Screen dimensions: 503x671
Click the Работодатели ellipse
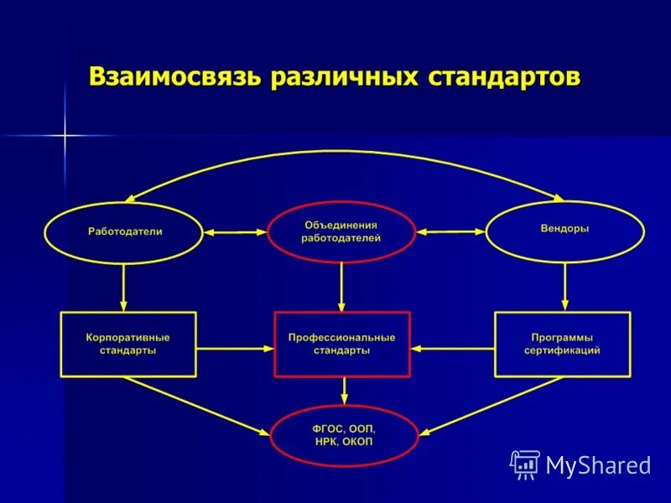tap(124, 231)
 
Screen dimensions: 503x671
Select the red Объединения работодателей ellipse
tap(341, 231)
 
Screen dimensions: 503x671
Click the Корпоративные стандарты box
tap(127, 344)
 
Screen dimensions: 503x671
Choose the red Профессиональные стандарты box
tap(341, 344)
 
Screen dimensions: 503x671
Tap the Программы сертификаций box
tap(562, 344)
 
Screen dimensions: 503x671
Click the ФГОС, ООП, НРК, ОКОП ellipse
tap(343, 435)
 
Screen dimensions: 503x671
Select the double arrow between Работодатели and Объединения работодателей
tap(234, 231)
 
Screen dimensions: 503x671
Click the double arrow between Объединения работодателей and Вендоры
tap(451, 231)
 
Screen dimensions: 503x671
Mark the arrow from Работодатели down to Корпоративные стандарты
tap(124, 287)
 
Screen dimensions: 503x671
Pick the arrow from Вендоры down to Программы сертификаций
tap(564, 287)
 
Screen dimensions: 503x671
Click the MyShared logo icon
tap(525, 464)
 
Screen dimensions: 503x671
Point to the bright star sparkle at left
tap(64, 135)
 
